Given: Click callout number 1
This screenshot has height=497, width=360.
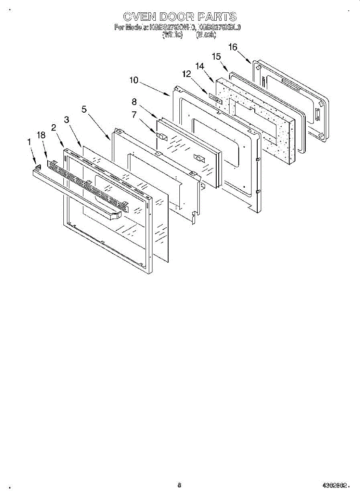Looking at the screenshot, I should tap(29, 142).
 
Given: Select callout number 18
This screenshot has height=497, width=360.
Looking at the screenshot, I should tap(41, 135).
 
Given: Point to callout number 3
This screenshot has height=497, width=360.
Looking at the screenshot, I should tap(66, 120).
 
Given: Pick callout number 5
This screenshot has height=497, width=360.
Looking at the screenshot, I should tap(84, 109).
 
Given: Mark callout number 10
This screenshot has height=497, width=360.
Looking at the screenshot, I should tap(133, 80).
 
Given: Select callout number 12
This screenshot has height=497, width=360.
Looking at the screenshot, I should tap(187, 73).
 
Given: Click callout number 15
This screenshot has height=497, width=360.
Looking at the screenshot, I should tap(216, 56).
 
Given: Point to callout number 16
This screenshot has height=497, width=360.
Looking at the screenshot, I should tap(233, 47).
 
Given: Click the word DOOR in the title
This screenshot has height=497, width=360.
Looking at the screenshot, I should tap(174, 17).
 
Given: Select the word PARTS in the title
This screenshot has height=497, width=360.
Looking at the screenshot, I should tap(217, 17).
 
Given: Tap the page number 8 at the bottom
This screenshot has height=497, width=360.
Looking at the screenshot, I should tap(179, 485).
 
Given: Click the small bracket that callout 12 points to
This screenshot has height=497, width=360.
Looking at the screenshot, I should tap(215, 100).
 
